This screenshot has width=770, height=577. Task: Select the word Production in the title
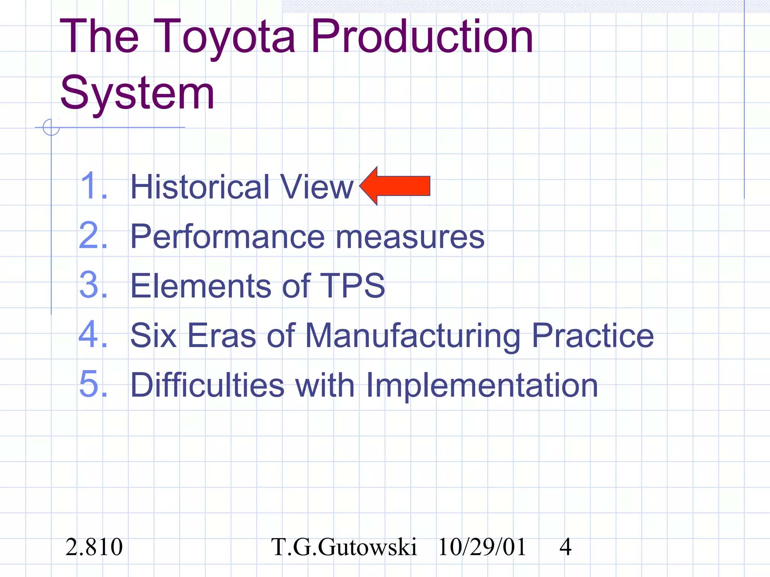422,37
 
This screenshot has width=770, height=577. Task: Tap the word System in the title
137,93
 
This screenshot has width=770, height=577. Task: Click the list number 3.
93,285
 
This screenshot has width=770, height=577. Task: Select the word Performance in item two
227,237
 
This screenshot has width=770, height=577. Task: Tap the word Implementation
481,385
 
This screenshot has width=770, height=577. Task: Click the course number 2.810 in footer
94,547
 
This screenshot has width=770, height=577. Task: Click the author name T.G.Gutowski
344,547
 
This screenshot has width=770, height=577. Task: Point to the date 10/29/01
482,547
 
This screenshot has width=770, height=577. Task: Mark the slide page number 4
565,547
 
